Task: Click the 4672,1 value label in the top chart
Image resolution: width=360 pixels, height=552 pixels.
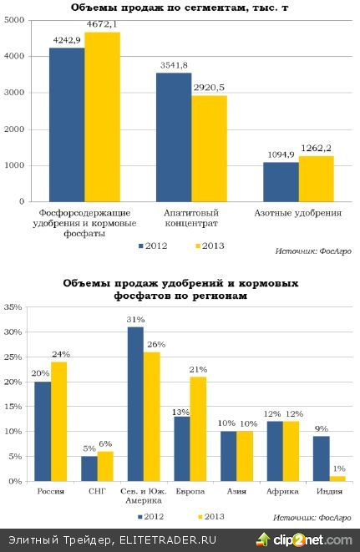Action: pos(102,27)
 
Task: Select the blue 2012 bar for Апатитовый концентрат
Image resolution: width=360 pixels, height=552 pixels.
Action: pos(174,137)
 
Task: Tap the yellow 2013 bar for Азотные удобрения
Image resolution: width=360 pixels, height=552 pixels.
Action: pos(316,178)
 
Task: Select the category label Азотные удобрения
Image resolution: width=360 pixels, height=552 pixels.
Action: pos(298,214)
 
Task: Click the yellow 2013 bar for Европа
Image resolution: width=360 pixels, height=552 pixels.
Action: pos(198,428)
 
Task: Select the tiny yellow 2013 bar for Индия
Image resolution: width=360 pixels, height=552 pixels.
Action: pos(336,478)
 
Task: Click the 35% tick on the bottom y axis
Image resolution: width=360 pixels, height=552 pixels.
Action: pos(14,307)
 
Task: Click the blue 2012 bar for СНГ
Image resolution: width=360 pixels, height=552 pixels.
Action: pos(89,468)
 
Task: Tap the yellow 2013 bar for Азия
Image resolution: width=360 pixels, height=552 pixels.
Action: pos(246,456)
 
